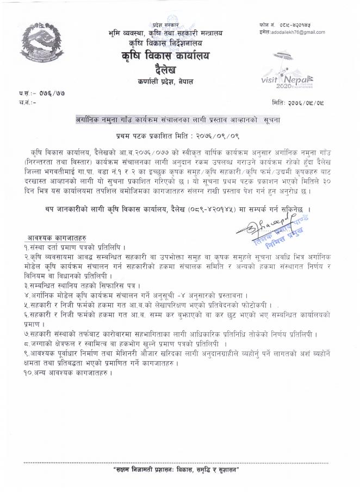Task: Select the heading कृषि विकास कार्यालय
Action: click(165, 56)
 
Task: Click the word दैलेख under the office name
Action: click(165, 70)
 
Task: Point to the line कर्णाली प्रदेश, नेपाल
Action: click(165, 82)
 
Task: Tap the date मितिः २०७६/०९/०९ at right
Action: click(307, 102)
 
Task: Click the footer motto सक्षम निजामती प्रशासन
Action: click(180, 469)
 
